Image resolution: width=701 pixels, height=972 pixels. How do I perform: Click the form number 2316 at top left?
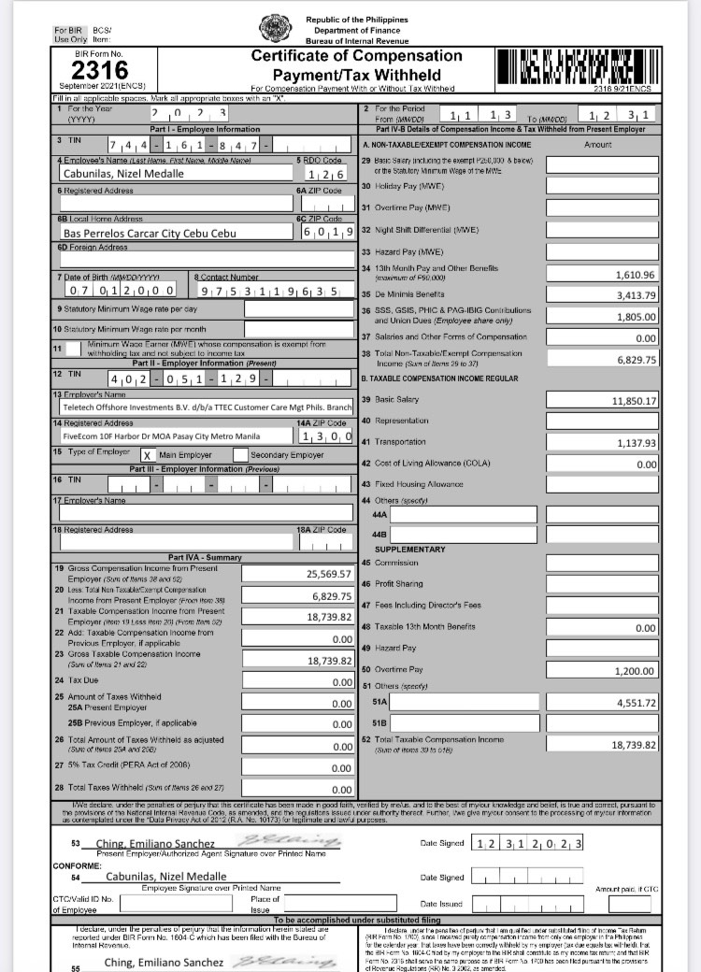99,69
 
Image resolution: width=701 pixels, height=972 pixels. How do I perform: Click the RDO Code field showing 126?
324,174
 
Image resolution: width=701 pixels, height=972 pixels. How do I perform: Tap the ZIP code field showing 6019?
326,232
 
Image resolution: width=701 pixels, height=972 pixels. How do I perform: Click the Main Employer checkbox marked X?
147,455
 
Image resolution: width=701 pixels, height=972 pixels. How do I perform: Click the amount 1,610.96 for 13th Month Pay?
602,275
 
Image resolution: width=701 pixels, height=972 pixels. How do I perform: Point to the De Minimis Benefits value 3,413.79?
602,295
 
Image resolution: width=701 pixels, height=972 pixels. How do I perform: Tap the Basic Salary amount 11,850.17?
602,400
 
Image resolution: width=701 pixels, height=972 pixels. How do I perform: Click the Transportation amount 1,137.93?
602,443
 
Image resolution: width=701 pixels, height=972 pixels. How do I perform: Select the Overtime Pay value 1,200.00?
602,671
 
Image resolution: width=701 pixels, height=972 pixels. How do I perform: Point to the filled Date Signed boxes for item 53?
528,844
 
